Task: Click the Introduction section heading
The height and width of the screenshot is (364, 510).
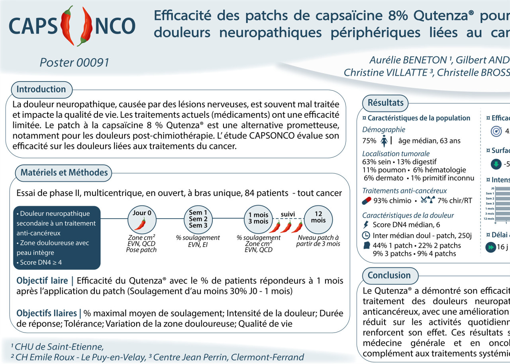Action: [41, 90]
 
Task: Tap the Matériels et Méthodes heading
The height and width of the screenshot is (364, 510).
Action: [64, 173]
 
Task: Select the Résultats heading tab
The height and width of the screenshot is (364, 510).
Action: [385, 103]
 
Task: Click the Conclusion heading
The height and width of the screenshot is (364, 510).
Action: [389, 275]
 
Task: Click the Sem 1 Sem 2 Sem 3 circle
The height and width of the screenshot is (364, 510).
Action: [198, 219]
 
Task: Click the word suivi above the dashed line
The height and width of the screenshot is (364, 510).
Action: [288, 214]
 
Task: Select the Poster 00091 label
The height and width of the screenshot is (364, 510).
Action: [74, 63]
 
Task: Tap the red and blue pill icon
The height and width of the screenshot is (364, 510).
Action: [367, 201]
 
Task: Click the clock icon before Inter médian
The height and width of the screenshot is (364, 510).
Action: [366, 235]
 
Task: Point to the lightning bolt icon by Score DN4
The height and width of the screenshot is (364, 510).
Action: [366, 225]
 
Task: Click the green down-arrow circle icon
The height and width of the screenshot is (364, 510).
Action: [496, 164]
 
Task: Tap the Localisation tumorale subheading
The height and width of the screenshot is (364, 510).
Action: [390, 154]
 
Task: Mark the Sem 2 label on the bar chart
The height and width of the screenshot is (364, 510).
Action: [490, 198]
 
